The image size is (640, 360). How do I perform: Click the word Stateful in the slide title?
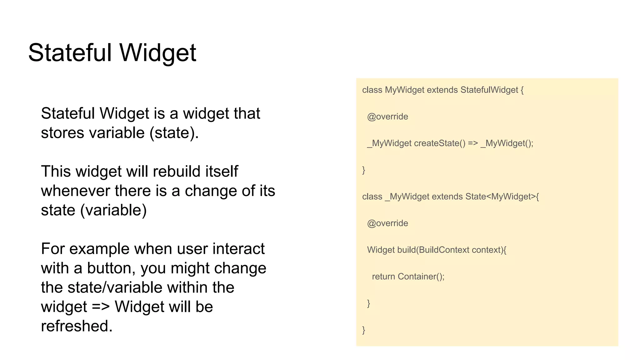pos(70,52)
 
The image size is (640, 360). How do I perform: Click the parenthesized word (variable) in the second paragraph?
pos(113,210)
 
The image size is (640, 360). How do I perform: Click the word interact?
pos(238,249)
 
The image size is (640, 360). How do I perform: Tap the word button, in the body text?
pos(111,268)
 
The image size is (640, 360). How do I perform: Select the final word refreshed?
pos(77,326)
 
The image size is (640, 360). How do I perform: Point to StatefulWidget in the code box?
pos(489,90)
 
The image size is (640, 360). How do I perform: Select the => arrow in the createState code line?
pos(473,143)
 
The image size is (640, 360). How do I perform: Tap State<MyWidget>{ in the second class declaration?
pos(502,197)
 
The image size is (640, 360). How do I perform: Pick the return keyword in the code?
pos(383,277)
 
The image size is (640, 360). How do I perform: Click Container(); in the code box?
pos(421,277)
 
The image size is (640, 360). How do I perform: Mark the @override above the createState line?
pos(387,117)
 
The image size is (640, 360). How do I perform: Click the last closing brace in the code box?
pos(364,330)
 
